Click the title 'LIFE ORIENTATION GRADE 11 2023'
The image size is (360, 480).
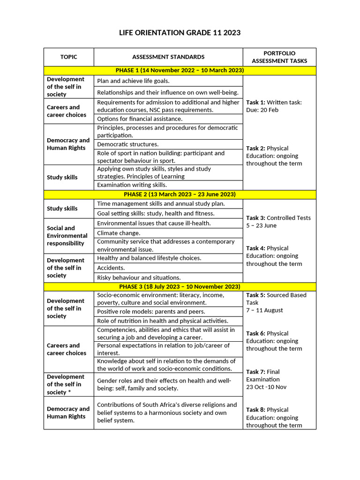(x=180, y=32)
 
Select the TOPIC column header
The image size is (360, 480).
(x=68, y=57)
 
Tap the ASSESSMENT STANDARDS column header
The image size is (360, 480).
(x=168, y=57)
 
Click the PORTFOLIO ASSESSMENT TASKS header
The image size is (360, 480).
(x=279, y=57)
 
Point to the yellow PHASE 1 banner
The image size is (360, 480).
(x=180, y=70)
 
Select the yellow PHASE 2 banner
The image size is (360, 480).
(x=180, y=194)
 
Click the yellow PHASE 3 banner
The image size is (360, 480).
(x=180, y=286)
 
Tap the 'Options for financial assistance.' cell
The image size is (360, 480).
(x=140, y=119)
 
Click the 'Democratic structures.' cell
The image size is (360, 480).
(x=127, y=144)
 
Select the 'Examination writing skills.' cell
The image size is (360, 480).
(x=132, y=185)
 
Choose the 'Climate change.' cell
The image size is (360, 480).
(x=119, y=232)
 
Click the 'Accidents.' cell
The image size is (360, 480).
(x=111, y=268)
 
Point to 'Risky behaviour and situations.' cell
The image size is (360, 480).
(x=139, y=277)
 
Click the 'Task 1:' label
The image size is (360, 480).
(x=255, y=102)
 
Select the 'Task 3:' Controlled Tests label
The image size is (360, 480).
(x=256, y=217)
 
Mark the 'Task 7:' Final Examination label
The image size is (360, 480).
(x=256, y=372)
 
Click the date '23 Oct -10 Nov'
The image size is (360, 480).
(x=266, y=387)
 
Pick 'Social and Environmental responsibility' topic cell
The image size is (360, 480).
(x=67, y=235)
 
